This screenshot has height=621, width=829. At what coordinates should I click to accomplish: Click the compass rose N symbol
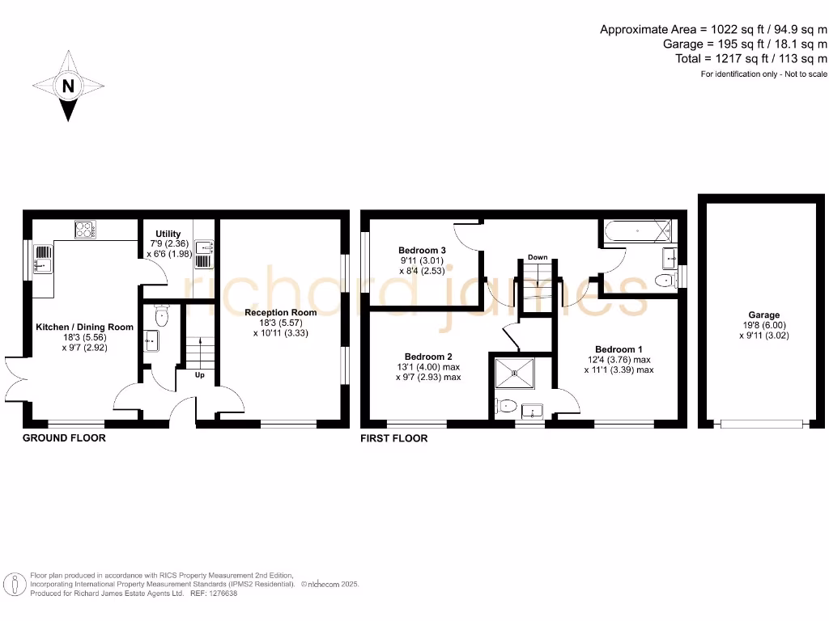click(69, 86)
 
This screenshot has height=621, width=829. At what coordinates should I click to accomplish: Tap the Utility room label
click(168, 234)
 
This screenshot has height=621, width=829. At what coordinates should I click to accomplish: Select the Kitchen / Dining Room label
click(84, 327)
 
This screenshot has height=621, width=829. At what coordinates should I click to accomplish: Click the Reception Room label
click(280, 312)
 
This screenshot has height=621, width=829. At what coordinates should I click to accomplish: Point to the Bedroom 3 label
click(423, 250)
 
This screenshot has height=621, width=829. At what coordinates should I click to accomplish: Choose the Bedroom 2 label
click(428, 357)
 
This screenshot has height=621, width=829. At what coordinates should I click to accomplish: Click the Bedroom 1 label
click(619, 349)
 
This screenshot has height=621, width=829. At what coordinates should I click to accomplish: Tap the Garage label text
click(763, 315)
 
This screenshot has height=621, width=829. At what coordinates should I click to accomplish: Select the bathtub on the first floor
click(637, 231)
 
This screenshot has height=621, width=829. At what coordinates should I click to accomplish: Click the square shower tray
click(512, 374)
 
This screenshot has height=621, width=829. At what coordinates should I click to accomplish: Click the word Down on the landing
click(538, 257)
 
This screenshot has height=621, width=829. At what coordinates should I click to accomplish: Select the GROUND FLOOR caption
click(64, 438)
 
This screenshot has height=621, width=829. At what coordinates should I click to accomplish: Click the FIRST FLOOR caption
click(394, 438)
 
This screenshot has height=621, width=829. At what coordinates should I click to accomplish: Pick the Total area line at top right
click(751, 59)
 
